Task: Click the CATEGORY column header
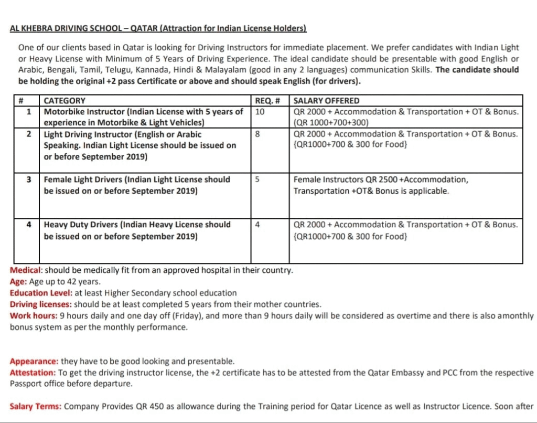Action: tap(65, 100)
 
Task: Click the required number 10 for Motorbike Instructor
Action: tap(260, 111)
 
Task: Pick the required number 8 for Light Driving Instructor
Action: tap(257, 134)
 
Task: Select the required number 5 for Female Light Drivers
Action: tap(257, 179)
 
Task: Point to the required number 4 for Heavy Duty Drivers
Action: tap(257, 224)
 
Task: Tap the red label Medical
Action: tap(25, 270)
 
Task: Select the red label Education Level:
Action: tap(41, 293)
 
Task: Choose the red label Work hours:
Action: tap(34, 315)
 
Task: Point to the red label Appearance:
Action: tap(34, 361)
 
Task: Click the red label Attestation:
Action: tap(33, 373)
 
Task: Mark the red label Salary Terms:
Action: tap(36, 406)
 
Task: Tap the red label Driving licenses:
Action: tap(41, 304)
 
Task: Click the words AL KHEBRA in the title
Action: tap(31, 28)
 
